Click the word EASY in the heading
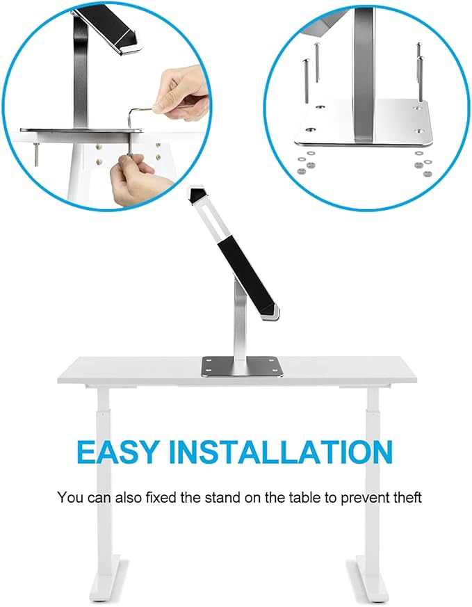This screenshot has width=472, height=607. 119,452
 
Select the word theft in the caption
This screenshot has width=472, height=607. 407,498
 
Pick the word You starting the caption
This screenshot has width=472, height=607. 70,498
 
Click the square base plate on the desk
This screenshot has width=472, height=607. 243,367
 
